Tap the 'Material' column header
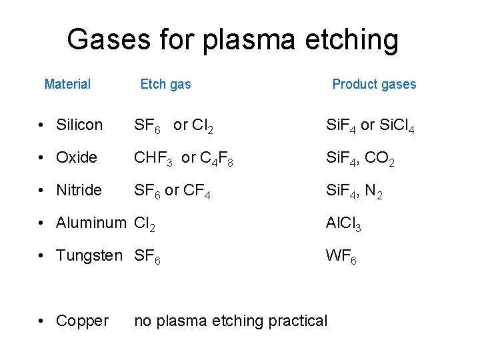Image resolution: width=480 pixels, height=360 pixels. (67, 84)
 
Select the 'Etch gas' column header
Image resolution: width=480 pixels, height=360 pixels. (165, 84)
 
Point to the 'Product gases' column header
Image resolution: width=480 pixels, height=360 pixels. (374, 84)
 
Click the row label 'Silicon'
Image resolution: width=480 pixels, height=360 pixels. (80, 125)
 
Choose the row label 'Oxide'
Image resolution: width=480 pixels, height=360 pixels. (77, 157)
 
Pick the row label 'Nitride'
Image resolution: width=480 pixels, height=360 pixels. (79, 190)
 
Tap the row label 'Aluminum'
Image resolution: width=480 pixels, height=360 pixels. (91, 223)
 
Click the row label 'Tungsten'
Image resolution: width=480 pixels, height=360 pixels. (89, 255)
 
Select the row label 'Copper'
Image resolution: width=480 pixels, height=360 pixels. (82, 321)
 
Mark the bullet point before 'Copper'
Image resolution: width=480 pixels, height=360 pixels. (42, 321)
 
